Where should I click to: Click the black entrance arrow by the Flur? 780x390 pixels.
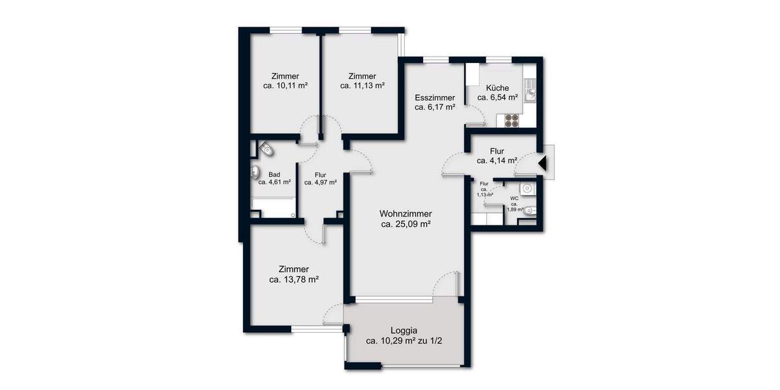[543, 162]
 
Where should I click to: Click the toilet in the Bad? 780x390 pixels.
[266, 150]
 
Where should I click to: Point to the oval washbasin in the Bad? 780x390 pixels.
[255, 173]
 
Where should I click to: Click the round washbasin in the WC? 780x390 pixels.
[529, 188]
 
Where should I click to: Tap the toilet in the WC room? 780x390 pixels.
[531, 210]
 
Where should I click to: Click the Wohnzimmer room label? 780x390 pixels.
[406, 213]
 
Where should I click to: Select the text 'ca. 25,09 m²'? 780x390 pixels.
[406, 225]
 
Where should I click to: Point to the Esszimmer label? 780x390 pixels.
[435, 97]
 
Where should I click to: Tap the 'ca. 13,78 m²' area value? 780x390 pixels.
[293, 279]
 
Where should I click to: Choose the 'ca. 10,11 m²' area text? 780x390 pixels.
[285, 85]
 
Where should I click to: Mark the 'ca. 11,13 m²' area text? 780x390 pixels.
[363, 85]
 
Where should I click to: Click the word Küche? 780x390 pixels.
[497, 88]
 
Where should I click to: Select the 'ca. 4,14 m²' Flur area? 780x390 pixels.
[497, 161]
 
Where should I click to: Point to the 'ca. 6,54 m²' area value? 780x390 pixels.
[497, 97]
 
